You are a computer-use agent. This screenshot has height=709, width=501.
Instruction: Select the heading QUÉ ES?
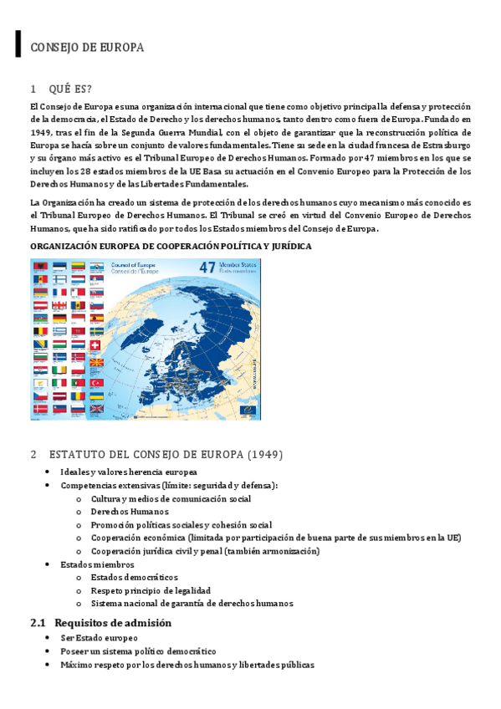[71, 89]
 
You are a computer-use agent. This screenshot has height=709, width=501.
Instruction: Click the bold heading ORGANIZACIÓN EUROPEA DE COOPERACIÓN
[171, 247]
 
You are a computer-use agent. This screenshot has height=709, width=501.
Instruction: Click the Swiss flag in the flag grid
[95, 344]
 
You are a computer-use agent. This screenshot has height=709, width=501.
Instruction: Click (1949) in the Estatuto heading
[264, 455]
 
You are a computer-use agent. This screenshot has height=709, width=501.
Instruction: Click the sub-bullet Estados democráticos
[135, 578]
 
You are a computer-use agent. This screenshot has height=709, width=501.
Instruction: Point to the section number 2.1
[38, 623]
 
